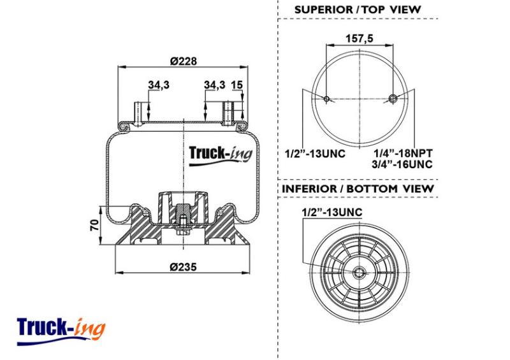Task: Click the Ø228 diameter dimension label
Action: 184,61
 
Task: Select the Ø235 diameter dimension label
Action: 183,267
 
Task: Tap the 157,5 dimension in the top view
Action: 360,39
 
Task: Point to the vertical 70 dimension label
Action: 94,225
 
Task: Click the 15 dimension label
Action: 237,85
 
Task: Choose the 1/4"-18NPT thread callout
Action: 403,153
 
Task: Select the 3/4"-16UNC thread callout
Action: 402,164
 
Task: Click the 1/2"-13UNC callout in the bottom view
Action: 331,212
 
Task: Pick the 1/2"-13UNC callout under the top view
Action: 315,153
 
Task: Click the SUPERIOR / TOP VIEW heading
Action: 358,10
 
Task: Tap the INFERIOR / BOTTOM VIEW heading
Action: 358,189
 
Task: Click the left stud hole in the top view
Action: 326,99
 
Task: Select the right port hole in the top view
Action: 393,98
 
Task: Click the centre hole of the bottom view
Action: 360,273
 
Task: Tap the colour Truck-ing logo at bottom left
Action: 61,331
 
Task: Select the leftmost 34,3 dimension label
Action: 159,85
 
